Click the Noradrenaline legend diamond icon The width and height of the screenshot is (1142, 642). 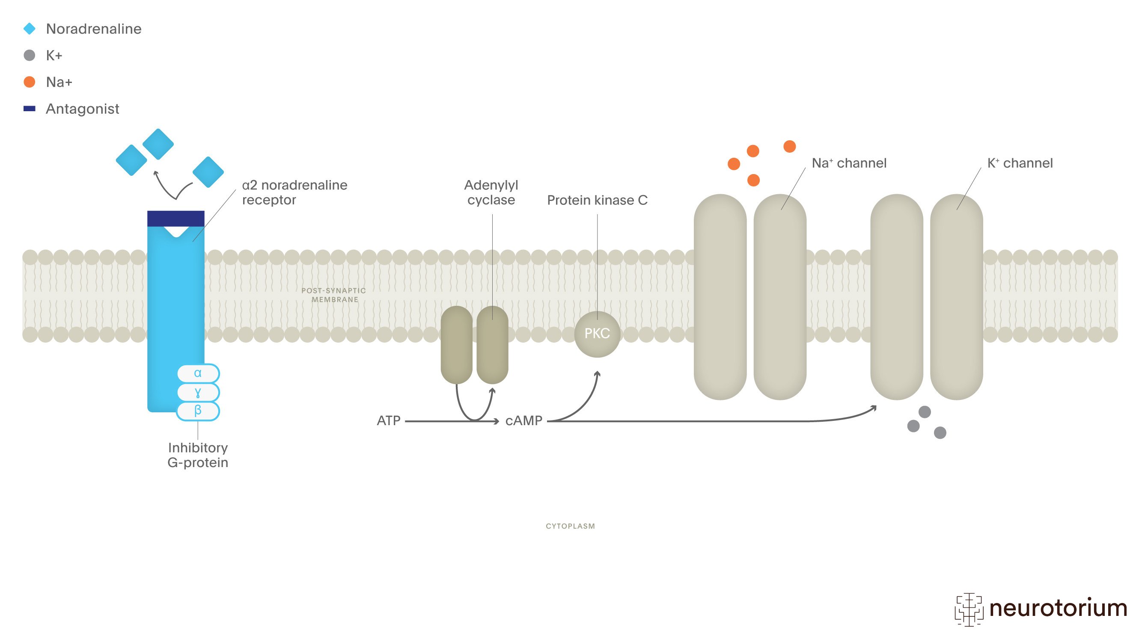point(29,29)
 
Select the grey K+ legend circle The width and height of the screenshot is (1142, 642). point(29,55)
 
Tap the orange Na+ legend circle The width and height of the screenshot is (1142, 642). point(29,82)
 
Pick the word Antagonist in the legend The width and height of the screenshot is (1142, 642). point(83,109)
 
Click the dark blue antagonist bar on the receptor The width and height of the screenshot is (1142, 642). point(175,219)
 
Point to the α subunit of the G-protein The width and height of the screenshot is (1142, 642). point(198,373)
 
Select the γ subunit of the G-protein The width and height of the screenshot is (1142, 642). point(198,392)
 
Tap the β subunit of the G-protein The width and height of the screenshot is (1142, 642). point(198,411)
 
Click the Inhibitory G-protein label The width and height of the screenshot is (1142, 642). point(198,455)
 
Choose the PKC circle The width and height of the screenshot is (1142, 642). point(597,334)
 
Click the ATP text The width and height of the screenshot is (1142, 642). point(388,420)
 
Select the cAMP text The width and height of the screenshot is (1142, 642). point(523,420)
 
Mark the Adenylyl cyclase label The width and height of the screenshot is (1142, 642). point(491,192)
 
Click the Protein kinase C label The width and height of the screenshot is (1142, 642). point(597,200)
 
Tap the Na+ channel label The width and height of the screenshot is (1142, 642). point(848,163)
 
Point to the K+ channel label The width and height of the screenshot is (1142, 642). point(1019,163)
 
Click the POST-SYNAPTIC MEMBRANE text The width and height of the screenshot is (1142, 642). point(334,295)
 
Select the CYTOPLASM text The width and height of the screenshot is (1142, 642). point(570,526)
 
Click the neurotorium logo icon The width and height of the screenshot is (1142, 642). point(969,609)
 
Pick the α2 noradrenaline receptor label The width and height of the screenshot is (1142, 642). point(294,192)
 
